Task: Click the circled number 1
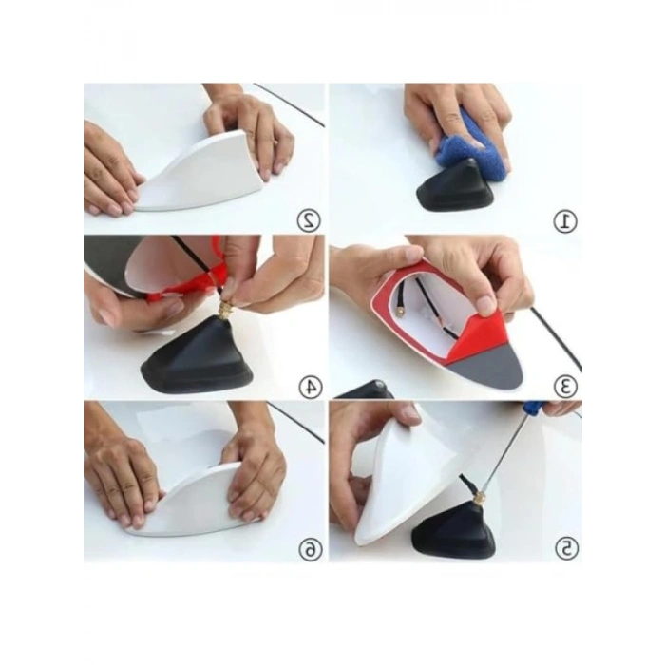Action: point(565,221)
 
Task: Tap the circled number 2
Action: point(309,220)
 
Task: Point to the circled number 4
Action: point(310,386)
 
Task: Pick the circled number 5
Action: point(566,549)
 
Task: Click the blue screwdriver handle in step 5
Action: point(536,408)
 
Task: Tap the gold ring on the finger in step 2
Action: point(276,143)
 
